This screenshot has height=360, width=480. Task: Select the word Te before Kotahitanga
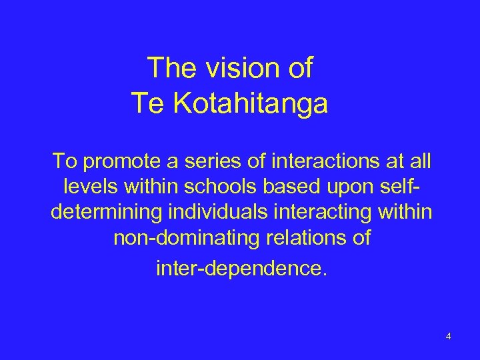146,104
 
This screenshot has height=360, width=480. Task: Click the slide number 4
449,336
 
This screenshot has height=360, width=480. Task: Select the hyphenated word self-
407,188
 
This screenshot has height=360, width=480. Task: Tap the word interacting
336,214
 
